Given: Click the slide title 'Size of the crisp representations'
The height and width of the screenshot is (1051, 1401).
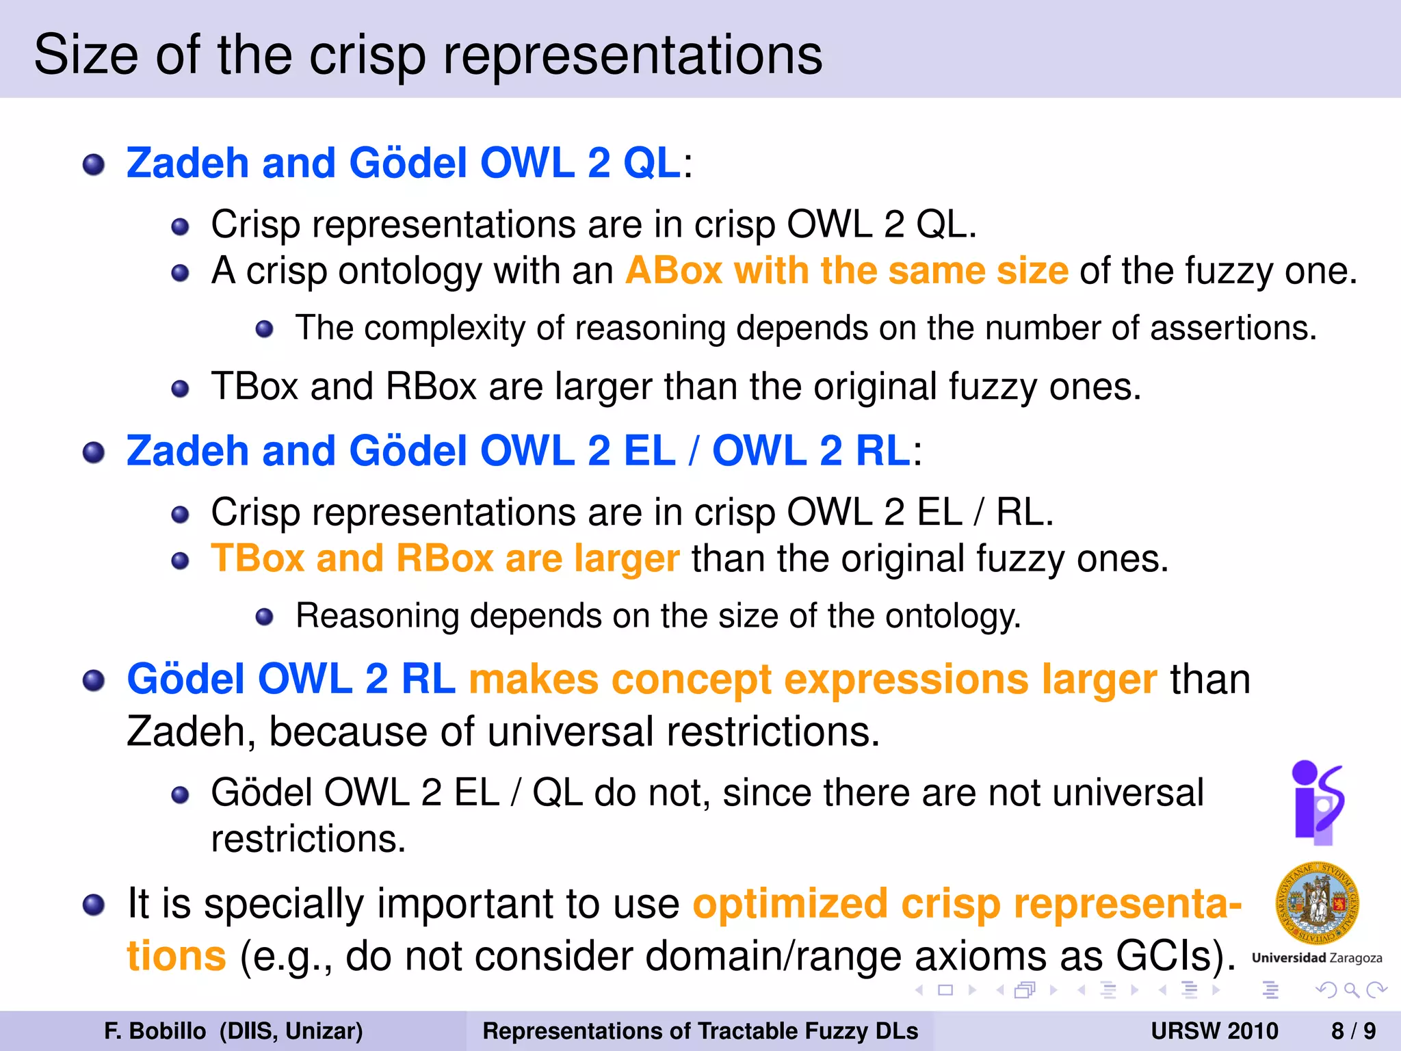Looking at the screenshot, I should tap(428, 55).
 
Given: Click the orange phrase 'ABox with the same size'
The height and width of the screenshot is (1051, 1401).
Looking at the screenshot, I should tap(846, 271).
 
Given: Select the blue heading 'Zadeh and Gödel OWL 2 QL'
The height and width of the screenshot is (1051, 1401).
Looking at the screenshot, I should tap(404, 164).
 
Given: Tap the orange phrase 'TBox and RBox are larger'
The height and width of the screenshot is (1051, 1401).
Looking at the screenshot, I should tap(445, 559).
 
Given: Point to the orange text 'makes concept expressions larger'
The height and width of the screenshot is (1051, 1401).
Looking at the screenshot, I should tap(813, 679).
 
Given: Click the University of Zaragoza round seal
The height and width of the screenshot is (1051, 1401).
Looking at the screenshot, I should tap(1317, 903).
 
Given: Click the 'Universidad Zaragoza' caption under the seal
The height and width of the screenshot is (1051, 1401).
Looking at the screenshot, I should tap(1317, 958).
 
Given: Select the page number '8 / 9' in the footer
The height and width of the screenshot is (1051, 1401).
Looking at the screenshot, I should tap(1353, 1030).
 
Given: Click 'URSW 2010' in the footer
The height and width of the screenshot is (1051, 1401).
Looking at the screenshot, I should tap(1214, 1030).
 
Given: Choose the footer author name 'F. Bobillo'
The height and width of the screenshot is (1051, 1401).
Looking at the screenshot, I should tap(155, 1030).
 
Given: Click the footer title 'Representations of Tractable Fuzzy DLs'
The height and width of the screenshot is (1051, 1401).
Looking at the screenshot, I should tap(700, 1030).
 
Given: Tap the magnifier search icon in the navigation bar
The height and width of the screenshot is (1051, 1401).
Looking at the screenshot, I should tap(1351, 990).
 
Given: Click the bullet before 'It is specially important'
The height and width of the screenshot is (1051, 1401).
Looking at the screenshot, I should tap(94, 905).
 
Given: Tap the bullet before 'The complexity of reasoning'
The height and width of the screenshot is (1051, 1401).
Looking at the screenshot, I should tap(265, 330).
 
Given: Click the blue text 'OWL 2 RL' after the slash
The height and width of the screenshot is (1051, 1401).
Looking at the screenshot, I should tap(811, 452).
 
